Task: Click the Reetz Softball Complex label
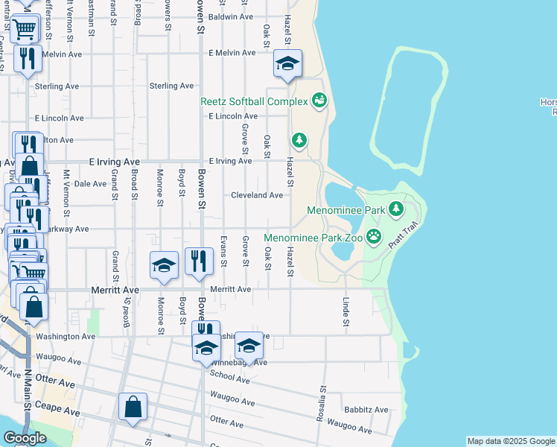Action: [x=253, y=101]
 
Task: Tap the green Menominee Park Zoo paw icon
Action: [x=374, y=238]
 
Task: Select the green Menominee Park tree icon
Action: [x=397, y=209]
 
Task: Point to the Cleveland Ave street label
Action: [x=257, y=195]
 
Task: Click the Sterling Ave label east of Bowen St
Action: [x=171, y=86]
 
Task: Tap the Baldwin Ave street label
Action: [x=231, y=16]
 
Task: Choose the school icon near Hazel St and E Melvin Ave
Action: [x=287, y=63]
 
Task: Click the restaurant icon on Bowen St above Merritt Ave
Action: [x=197, y=261]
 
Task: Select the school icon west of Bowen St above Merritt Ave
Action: [x=164, y=265]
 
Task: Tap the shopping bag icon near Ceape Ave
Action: [x=133, y=407]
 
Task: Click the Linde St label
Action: [x=346, y=311]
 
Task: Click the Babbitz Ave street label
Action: [x=366, y=410]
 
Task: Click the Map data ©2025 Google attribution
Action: [x=511, y=441]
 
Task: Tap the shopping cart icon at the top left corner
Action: [x=25, y=30]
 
